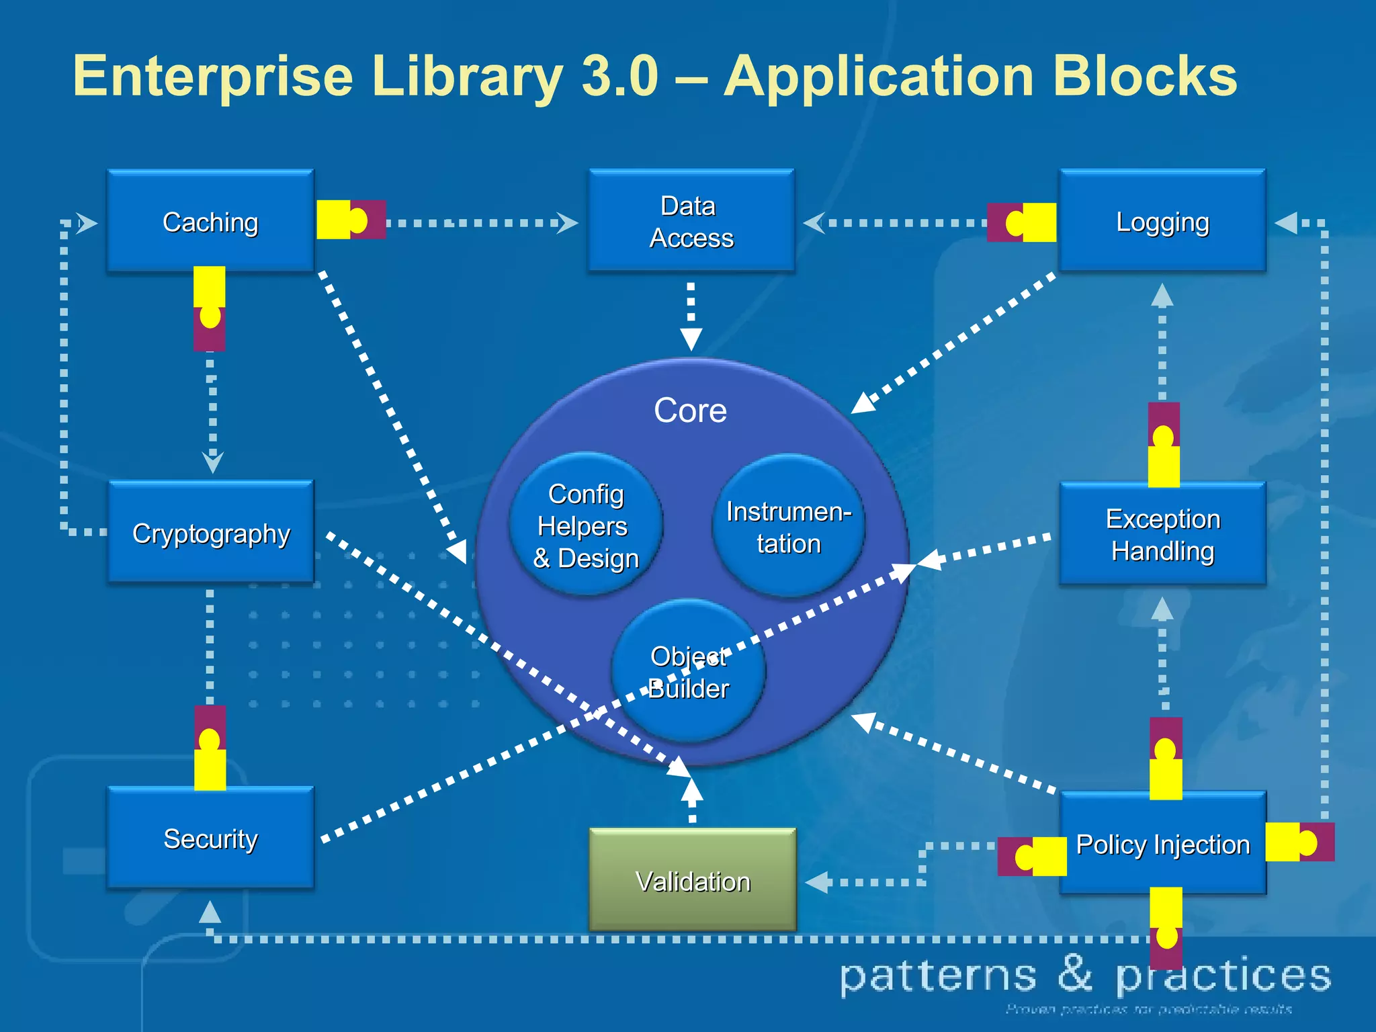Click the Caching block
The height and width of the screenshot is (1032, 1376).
210,222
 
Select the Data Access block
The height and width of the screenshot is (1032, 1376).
691,222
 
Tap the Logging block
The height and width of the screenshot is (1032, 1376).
1162,222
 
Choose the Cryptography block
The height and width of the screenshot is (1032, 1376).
210,533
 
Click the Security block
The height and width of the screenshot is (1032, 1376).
210,838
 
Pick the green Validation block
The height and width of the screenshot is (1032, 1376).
692,880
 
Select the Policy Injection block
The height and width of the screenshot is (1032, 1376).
1162,844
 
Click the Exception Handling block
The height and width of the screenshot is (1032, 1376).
1162,534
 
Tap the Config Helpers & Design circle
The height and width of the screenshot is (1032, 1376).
585,525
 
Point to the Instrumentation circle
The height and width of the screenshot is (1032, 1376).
788,527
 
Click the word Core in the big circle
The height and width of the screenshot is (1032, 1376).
690,410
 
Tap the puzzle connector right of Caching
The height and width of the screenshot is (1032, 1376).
351,220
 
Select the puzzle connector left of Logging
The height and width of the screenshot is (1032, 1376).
1021,222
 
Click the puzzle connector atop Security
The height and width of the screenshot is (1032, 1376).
210,747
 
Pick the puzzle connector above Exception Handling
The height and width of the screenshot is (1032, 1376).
1164,445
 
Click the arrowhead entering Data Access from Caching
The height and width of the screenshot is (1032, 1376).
568,222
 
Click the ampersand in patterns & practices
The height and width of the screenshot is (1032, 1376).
1076,974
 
